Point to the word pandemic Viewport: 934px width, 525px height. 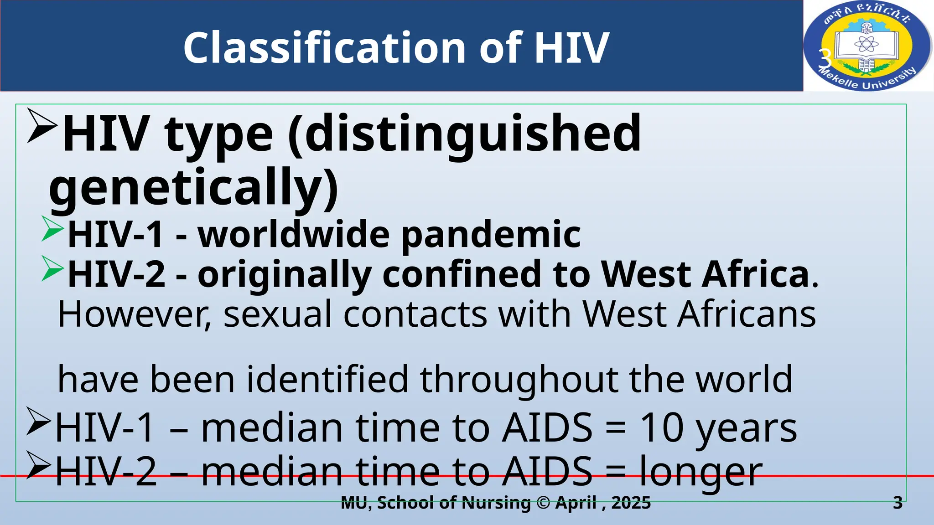[x=491, y=234]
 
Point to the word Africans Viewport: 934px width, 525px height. [x=746, y=314]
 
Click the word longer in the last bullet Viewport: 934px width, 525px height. [x=701, y=472]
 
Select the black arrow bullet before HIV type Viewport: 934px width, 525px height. [x=42, y=125]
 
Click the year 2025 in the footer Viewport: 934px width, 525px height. [x=631, y=503]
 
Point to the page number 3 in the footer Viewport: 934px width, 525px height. [x=898, y=503]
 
